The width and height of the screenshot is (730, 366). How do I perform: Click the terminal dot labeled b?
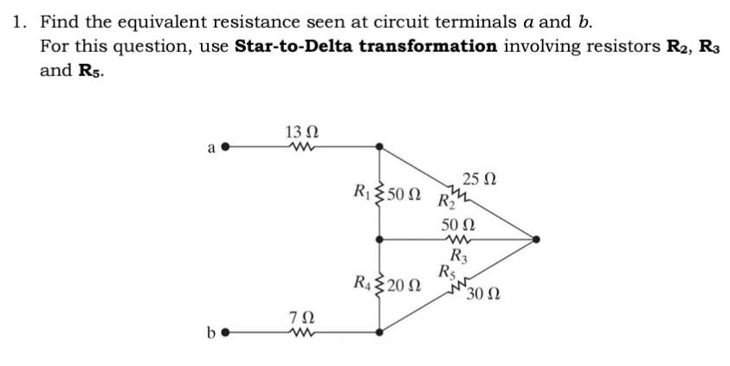tap(227, 331)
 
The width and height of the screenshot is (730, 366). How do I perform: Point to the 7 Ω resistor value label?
tap(300, 316)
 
